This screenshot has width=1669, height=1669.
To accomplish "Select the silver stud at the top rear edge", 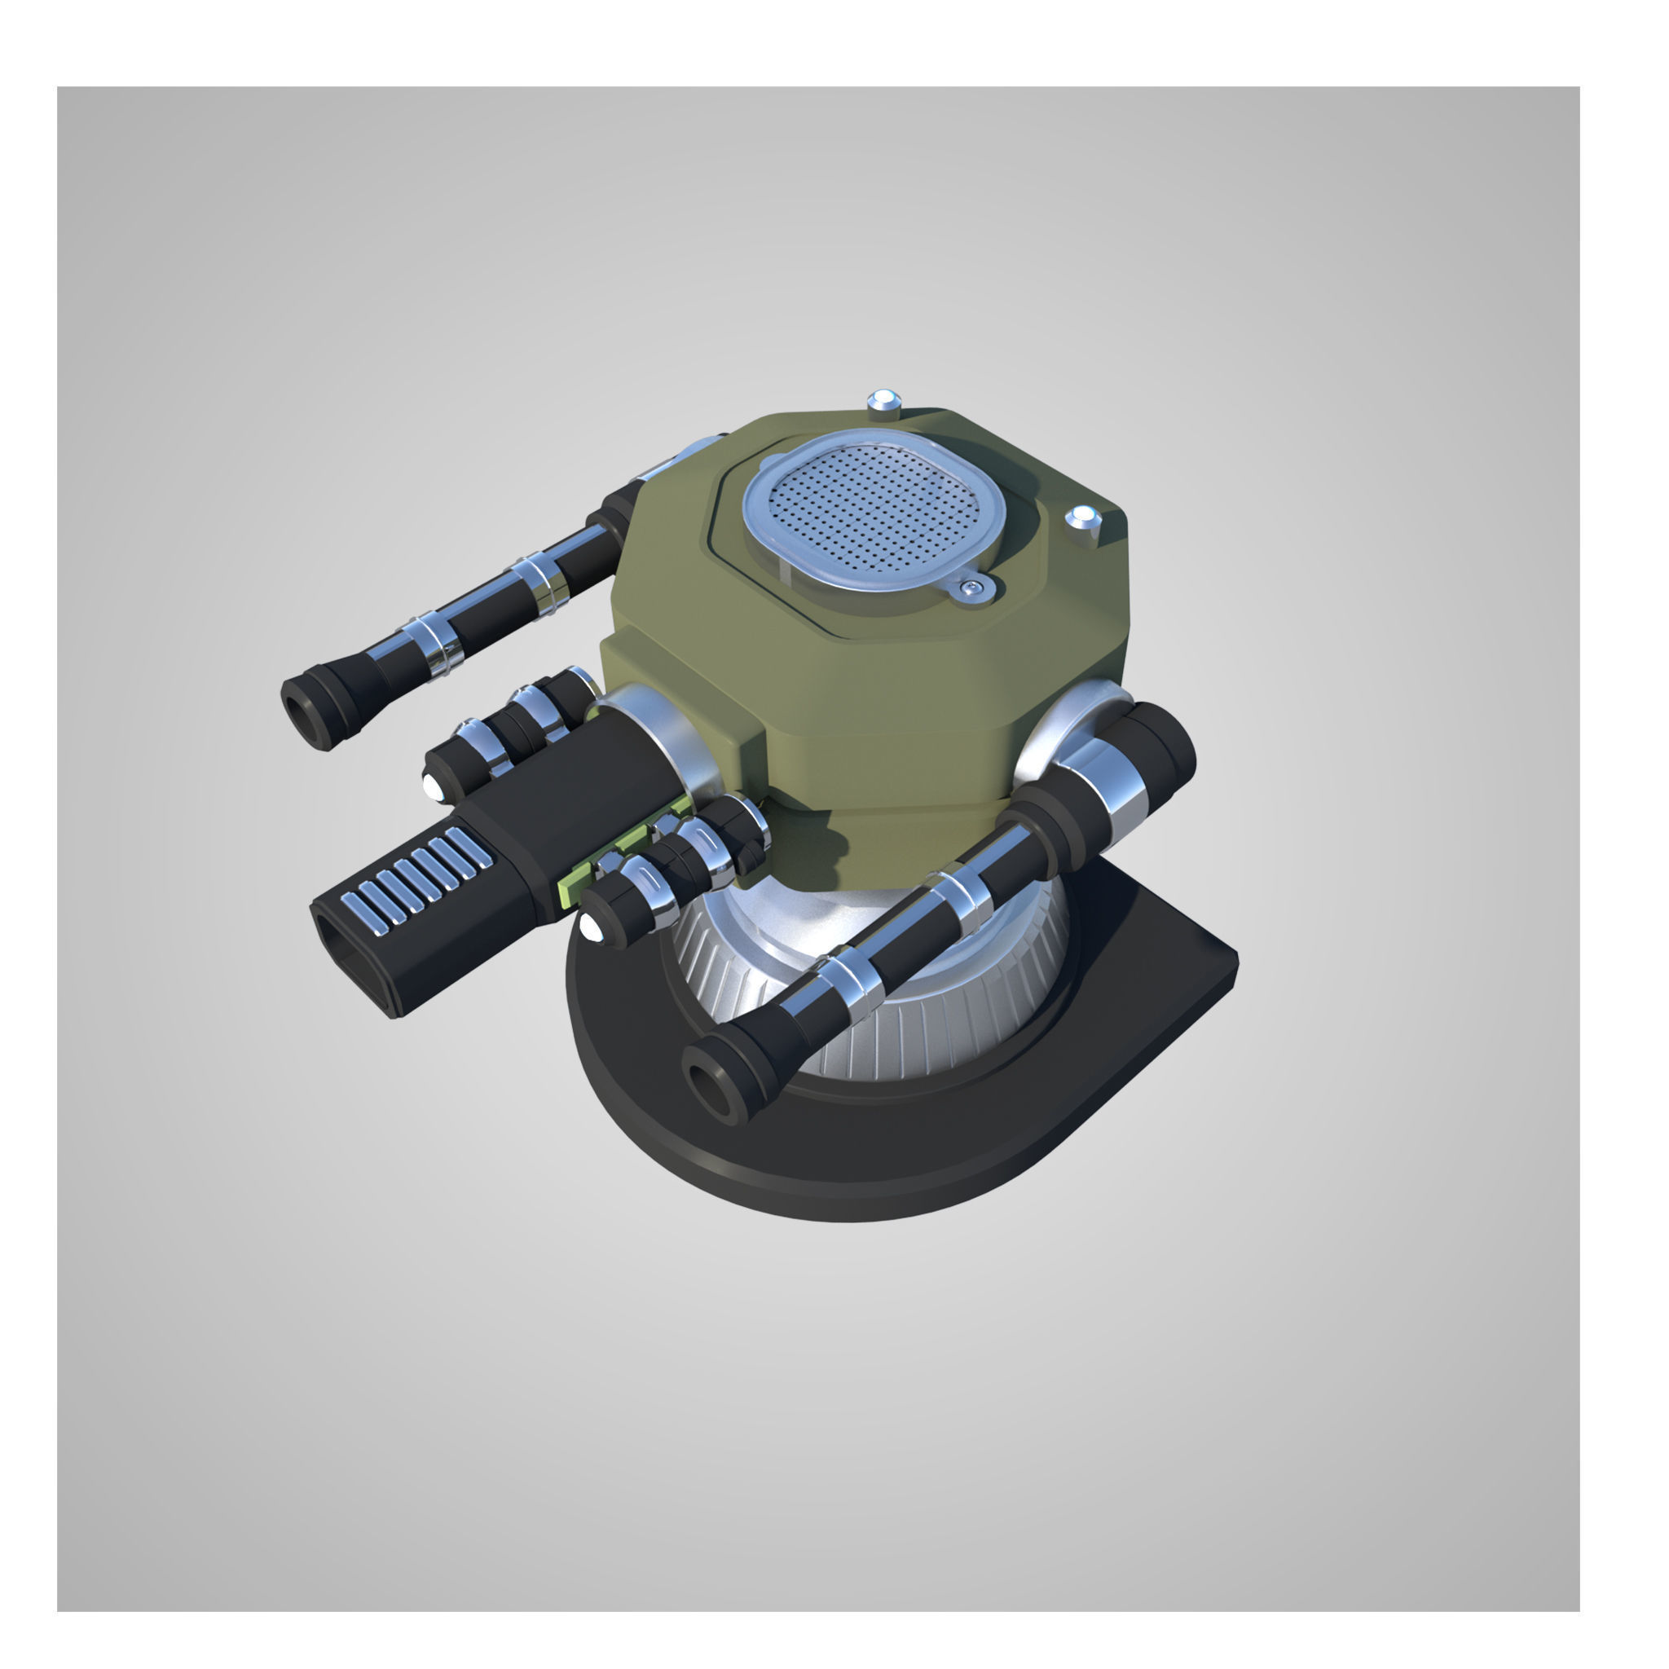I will pyautogui.click(x=883, y=403).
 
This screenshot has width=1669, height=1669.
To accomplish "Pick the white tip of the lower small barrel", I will pyautogui.click(x=592, y=930).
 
